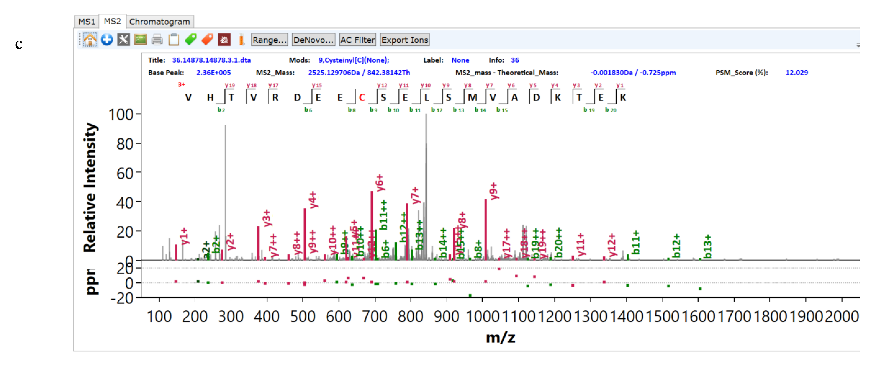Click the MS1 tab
click(86, 21)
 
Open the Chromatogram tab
click(159, 21)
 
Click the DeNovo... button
click(313, 40)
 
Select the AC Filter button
click(357, 40)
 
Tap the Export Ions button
click(404, 40)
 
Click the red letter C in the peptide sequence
click(362, 98)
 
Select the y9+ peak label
click(493, 191)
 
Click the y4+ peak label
click(313, 200)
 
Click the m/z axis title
click(500, 338)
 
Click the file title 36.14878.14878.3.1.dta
click(211, 60)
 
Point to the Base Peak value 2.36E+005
click(213, 73)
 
